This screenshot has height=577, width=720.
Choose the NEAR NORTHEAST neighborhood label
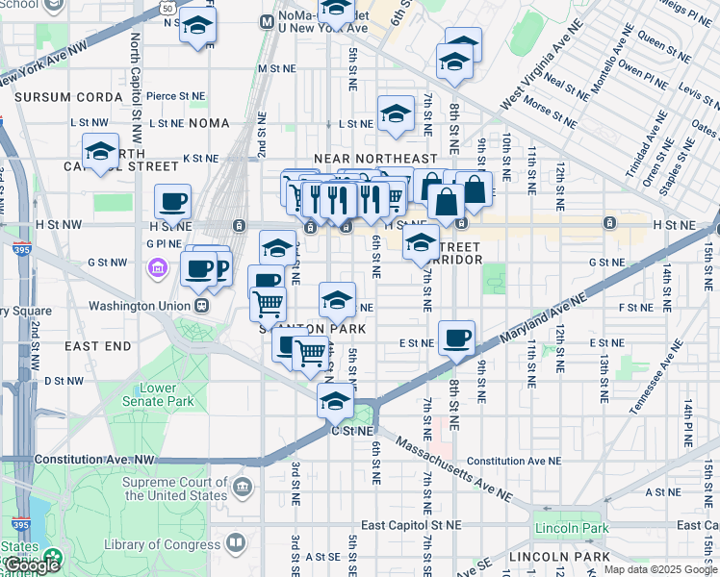click(375, 159)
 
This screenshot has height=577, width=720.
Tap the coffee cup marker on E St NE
click(456, 338)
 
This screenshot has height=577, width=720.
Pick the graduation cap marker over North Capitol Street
click(100, 151)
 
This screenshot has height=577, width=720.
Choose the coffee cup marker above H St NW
click(172, 201)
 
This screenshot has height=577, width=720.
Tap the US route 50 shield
click(167, 8)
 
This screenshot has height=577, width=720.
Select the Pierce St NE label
click(176, 96)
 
